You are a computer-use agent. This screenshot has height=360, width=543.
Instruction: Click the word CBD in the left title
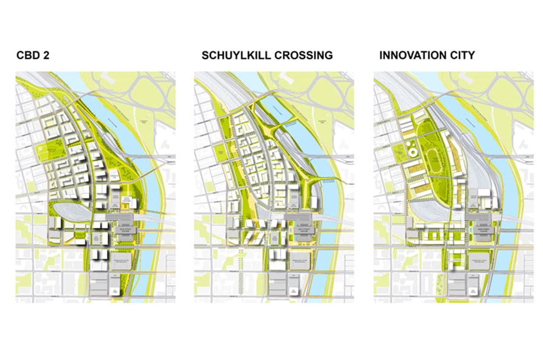coord(29,55)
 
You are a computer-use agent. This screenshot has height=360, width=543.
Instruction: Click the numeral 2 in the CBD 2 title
coord(46,55)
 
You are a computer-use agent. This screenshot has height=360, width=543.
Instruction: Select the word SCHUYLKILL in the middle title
coord(237,55)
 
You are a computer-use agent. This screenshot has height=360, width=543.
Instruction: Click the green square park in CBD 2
coord(50,151)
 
